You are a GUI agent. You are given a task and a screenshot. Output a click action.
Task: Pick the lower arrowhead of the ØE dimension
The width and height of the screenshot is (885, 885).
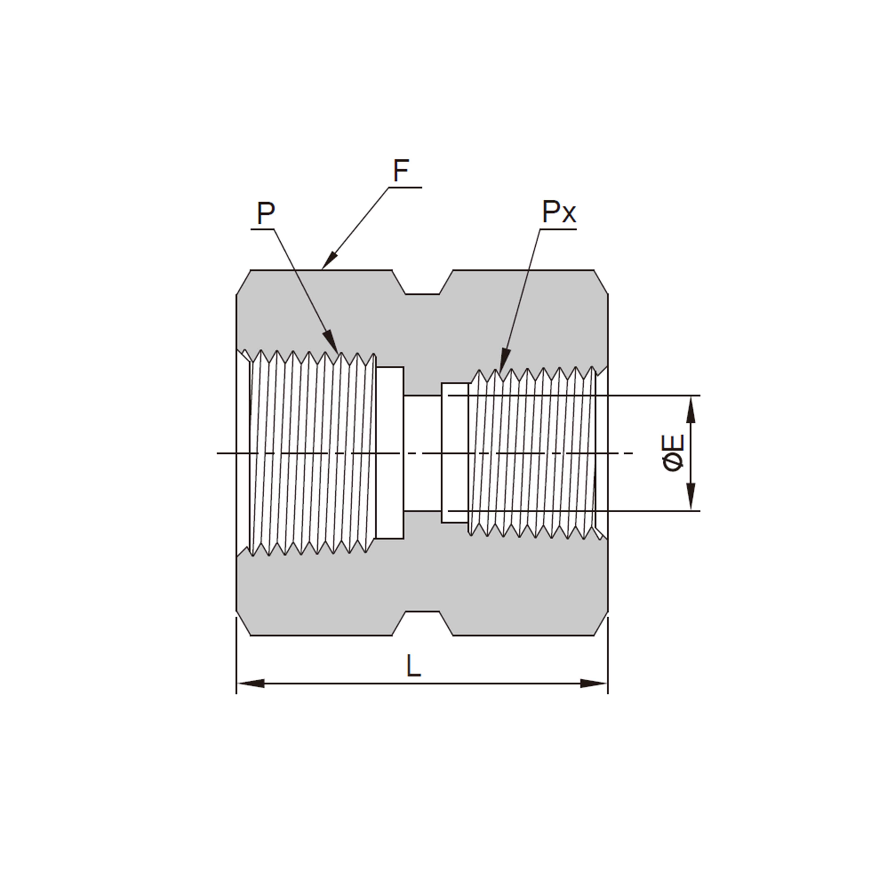[x=691, y=497]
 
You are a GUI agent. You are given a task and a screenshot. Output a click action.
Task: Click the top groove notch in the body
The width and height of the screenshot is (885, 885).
[x=422, y=286]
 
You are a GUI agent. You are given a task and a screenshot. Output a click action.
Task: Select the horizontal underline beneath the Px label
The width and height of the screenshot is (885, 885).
[x=558, y=229]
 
